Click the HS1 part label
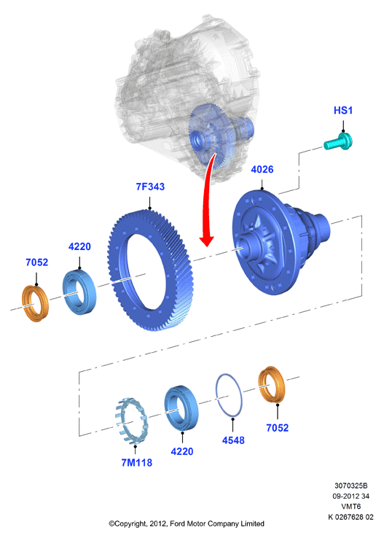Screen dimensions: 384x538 coord(343,111)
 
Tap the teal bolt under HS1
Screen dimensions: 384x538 coord(338,141)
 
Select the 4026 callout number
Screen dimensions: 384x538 coord(262,170)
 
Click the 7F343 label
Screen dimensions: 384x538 coord(150,187)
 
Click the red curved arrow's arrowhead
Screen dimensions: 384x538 coord(207,241)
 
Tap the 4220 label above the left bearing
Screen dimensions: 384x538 coord(79,246)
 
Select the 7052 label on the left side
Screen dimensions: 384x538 coord(36,262)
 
